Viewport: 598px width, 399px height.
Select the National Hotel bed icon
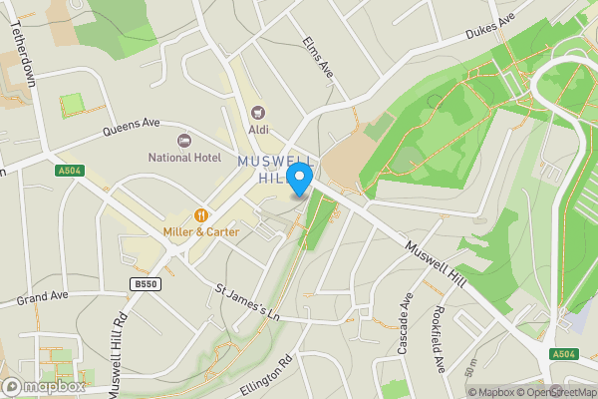pos(182,140)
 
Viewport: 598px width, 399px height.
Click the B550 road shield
pos(147,284)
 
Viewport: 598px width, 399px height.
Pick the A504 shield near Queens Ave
pos(67,172)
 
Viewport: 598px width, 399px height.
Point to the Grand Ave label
pos(40,298)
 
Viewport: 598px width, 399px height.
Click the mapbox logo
pos(44,386)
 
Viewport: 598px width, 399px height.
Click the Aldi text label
pos(259,128)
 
